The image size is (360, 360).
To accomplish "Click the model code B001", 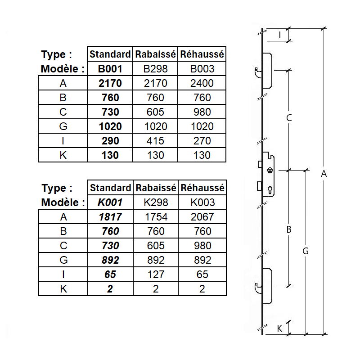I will [110, 69].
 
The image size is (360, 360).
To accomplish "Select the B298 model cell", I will [156, 69].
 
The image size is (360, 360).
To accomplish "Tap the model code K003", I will [202, 202].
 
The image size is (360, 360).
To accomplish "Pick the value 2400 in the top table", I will [202, 83].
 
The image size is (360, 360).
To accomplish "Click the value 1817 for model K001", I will [110, 217].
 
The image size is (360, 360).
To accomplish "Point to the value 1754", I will [156, 217].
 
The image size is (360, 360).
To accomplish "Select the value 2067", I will [202, 217].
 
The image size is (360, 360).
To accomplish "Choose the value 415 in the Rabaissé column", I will [156, 141].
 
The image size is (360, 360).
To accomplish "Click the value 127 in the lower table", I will [156, 274].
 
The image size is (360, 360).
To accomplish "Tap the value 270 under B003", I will [202, 141].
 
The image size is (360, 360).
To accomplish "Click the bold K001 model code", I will [110, 202].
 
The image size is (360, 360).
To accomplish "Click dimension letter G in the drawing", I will [305, 251].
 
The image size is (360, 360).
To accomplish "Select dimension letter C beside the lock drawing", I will [289, 118].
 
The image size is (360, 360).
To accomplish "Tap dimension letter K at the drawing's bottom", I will [279, 328].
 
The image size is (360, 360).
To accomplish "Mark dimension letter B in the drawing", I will [289, 229].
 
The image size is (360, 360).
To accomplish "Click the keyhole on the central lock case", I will [270, 189].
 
